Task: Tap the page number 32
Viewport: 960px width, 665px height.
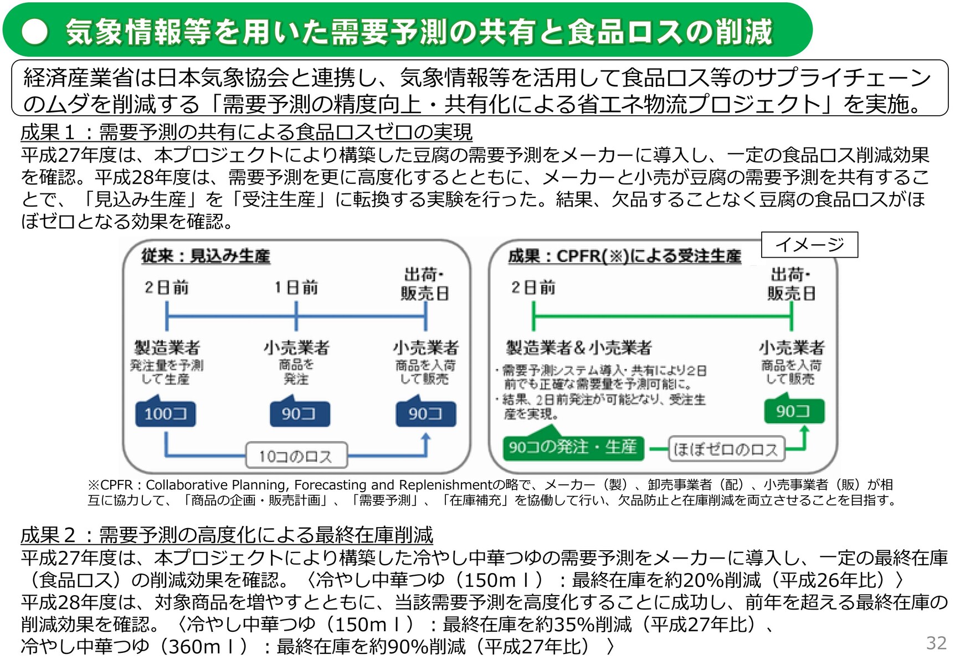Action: pyautogui.click(x=936, y=643)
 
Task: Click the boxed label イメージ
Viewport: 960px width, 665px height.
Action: pyautogui.click(x=809, y=244)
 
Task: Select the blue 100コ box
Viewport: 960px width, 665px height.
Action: pyautogui.click(x=166, y=413)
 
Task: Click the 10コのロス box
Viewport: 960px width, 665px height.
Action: pyautogui.click(x=296, y=456)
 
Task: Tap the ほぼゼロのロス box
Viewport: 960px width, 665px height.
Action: pyautogui.click(x=726, y=449)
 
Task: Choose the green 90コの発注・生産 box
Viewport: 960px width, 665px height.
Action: pyautogui.click(x=573, y=447)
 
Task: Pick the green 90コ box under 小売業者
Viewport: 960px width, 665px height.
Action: pyautogui.click(x=793, y=411)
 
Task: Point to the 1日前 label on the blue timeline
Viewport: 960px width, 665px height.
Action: pyautogui.click(x=296, y=287)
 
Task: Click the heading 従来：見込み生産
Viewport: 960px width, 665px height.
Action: pyautogui.click(x=206, y=256)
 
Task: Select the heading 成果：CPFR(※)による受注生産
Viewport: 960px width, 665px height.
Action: pyautogui.click(x=624, y=256)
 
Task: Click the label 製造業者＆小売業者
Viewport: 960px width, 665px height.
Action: pyautogui.click(x=579, y=347)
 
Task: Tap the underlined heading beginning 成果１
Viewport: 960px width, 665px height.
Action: pyautogui.click(x=247, y=132)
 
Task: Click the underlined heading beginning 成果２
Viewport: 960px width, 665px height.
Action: pyautogui.click(x=227, y=535)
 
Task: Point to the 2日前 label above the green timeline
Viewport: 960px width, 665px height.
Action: pyautogui.click(x=533, y=287)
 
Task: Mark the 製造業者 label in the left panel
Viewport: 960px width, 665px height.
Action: pyautogui.click(x=167, y=347)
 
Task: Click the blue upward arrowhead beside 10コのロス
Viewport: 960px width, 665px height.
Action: pyautogui.click(x=425, y=437)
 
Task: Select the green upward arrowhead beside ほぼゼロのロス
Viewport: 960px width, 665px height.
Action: pyautogui.click(x=804, y=430)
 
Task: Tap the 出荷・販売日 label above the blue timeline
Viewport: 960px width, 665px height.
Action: pyautogui.click(x=425, y=284)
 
